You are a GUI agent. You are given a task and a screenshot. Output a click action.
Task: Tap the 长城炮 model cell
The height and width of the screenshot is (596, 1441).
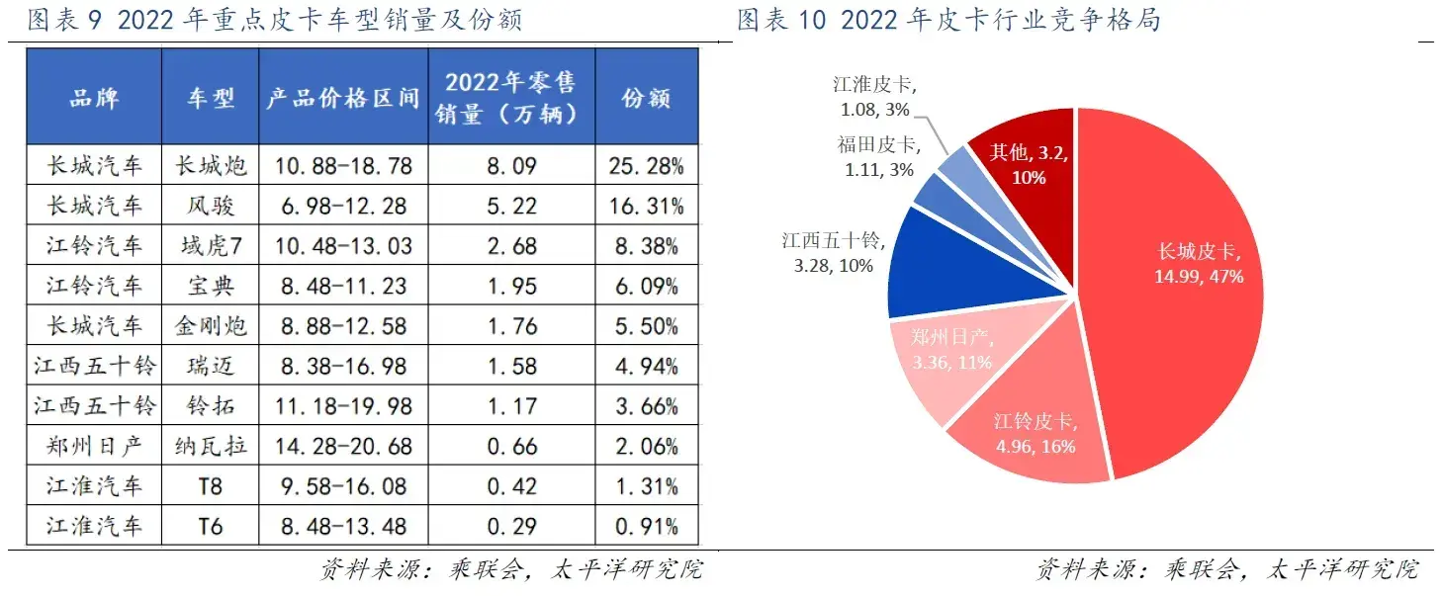click(210, 165)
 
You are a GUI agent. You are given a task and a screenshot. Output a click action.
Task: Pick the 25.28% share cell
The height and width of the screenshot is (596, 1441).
click(648, 165)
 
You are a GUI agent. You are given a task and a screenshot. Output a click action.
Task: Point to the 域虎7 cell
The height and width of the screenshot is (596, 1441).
click(210, 245)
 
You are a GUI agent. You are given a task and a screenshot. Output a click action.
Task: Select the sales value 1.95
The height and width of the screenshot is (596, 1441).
click(511, 286)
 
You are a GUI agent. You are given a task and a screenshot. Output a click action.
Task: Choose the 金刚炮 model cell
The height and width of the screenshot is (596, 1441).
click(210, 325)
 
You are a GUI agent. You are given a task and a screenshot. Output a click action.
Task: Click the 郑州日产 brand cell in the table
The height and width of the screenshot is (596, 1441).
click(94, 446)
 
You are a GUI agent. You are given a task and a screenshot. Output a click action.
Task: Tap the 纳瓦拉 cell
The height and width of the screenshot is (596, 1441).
click(210, 446)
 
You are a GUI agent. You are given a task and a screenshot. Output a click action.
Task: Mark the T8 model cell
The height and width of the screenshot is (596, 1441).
click(210, 485)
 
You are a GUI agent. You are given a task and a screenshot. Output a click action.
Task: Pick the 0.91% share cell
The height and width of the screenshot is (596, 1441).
click(648, 526)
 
